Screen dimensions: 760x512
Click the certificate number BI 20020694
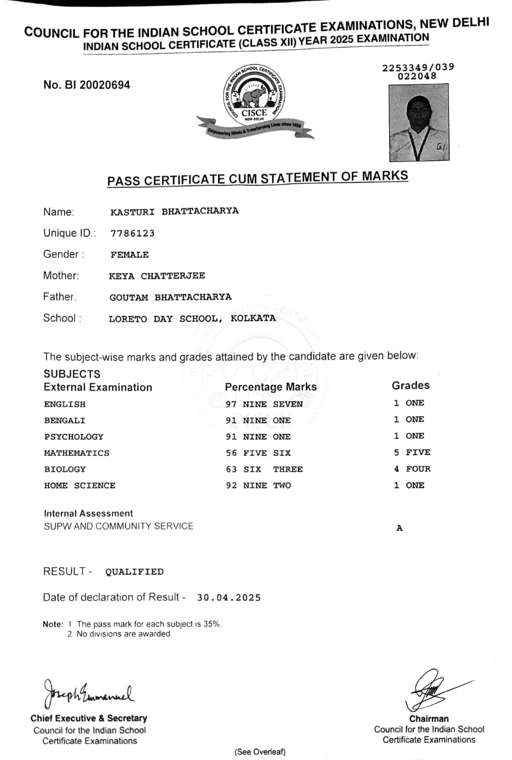[87, 85]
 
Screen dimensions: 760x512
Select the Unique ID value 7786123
[132, 233]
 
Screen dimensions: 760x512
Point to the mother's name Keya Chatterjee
[157, 275]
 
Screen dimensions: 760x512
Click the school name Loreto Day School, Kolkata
[192, 318]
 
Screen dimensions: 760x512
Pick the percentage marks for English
[264, 404]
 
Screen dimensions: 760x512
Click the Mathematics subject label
[77, 453]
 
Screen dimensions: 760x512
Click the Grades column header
[410, 386]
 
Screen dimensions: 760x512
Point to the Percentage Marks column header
[271, 387]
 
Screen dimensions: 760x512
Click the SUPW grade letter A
[399, 528]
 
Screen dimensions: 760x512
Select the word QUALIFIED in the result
[134, 572]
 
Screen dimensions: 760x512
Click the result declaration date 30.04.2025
[229, 598]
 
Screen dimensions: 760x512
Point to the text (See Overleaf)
[260, 752]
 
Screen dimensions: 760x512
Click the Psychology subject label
[74, 437]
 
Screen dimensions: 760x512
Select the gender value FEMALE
[129, 255]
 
